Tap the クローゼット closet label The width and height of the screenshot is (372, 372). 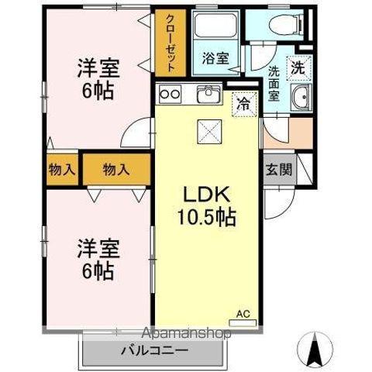pyautogui.click(x=170, y=43)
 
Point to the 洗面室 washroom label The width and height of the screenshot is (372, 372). pyautogui.click(x=275, y=82)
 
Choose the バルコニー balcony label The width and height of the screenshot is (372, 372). pyautogui.click(x=153, y=350)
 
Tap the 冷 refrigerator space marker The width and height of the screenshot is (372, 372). pyautogui.click(x=243, y=100)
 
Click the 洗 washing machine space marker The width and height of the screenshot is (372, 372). pyautogui.click(x=298, y=66)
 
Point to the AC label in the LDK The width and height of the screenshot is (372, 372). pyautogui.click(x=243, y=314)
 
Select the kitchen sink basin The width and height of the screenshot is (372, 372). pyautogui.click(x=208, y=95)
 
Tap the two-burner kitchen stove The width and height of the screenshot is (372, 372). pyautogui.click(x=169, y=95)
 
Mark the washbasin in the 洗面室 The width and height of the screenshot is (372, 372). pyautogui.click(x=301, y=98)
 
